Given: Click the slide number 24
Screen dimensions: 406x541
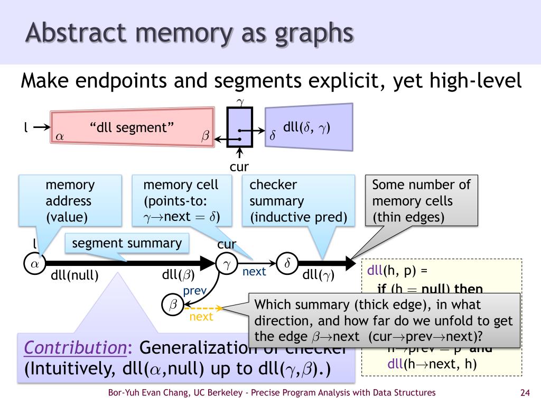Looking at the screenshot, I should point(525,393).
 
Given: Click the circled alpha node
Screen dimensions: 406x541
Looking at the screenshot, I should point(34,263).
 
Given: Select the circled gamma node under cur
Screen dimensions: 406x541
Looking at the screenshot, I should point(226,264).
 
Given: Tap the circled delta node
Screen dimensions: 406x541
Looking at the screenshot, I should point(287,263).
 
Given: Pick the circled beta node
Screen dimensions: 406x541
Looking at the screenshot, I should point(173,304).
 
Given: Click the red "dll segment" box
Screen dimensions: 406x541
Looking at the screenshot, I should point(132,128).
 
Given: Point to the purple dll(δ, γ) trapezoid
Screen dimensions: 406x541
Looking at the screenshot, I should point(309,127).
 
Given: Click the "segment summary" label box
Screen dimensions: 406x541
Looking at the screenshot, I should point(127,244).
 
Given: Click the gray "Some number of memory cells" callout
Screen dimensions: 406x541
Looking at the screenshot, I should point(421,201).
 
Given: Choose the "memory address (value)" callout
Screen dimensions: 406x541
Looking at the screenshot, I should point(70,201).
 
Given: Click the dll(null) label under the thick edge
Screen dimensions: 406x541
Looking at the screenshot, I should point(74,275).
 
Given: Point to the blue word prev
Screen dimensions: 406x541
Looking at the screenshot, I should point(194,291).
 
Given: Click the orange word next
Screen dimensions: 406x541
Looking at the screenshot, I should point(201,317).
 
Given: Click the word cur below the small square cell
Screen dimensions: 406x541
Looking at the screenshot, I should point(239,167).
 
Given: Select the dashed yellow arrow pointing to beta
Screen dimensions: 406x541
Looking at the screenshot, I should point(203,308).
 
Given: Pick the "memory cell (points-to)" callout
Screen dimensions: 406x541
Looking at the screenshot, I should point(181,201).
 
